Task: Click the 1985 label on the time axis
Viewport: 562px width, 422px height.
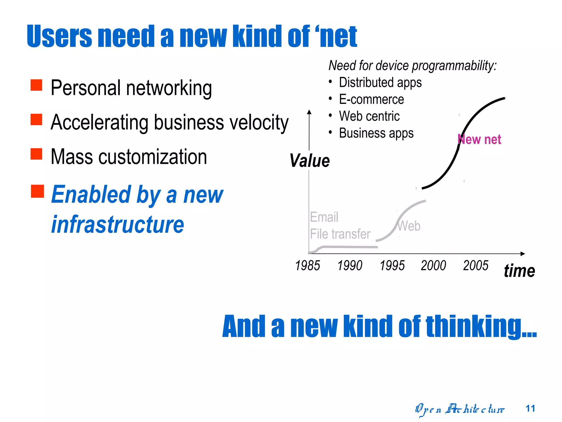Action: click(x=308, y=265)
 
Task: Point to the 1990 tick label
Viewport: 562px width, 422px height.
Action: click(x=350, y=265)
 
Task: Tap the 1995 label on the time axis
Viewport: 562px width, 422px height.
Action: click(x=392, y=265)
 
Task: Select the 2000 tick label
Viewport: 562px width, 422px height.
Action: click(x=434, y=265)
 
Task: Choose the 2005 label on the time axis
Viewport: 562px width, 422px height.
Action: click(x=476, y=265)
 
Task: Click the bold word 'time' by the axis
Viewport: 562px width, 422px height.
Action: click(x=519, y=271)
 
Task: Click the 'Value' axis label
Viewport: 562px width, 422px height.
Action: click(x=310, y=161)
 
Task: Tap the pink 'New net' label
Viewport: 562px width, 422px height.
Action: click(x=479, y=140)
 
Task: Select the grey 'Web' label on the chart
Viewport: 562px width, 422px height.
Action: click(x=409, y=226)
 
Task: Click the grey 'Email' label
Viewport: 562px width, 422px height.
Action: click(x=324, y=217)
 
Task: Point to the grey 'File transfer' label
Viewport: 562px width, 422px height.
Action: click(x=340, y=234)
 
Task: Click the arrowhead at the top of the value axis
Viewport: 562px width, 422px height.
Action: click(x=309, y=112)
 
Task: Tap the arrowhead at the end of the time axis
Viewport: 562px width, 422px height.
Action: click(x=523, y=254)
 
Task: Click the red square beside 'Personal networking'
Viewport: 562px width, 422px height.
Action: click(x=36, y=85)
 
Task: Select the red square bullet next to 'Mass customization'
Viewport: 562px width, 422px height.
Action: click(x=36, y=154)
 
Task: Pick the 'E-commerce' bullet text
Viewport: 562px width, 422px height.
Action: click(x=371, y=99)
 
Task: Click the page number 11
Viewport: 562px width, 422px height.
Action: click(x=530, y=409)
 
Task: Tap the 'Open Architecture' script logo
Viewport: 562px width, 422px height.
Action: click(x=460, y=409)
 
